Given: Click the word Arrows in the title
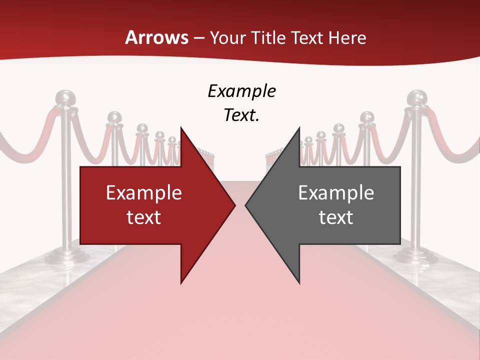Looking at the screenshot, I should (x=156, y=37).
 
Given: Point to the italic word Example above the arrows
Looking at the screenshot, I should (x=241, y=91).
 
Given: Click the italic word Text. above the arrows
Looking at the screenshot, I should (x=241, y=115).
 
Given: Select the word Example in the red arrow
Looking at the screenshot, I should (x=143, y=192).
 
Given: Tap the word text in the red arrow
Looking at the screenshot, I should (x=143, y=217).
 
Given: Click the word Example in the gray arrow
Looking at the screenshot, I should (x=336, y=192).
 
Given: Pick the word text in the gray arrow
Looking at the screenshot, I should (x=336, y=217).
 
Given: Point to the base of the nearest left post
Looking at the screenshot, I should (x=67, y=256).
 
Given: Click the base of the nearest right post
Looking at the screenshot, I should (x=413, y=256).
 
